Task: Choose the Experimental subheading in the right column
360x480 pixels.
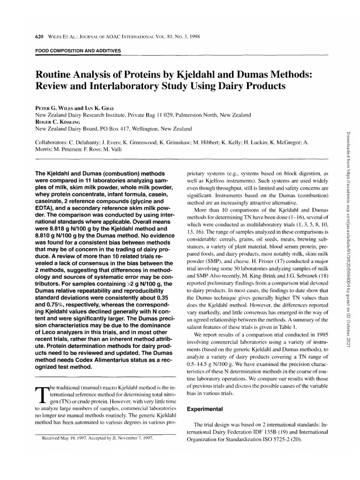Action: tap(205, 409)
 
